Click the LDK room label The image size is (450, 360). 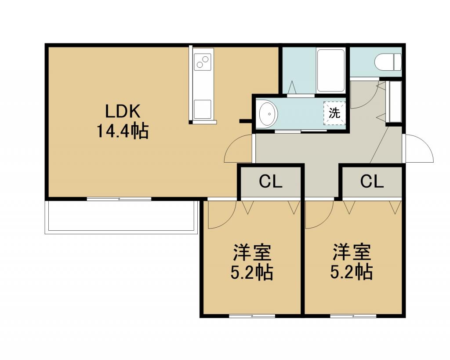click(123, 111)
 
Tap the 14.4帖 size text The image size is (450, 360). click(123, 131)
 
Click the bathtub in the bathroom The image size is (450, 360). click(330, 70)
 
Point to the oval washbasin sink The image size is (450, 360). click(269, 114)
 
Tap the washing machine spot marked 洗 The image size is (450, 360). click(334, 113)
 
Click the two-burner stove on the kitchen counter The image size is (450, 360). click(202, 62)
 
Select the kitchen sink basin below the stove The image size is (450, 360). click(202, 109)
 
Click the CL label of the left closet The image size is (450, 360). click(271, 182)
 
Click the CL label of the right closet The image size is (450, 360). click(372, 182)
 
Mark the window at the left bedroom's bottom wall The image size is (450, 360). click(252, 316)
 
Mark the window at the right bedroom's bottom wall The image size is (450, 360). click(353, 316)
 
